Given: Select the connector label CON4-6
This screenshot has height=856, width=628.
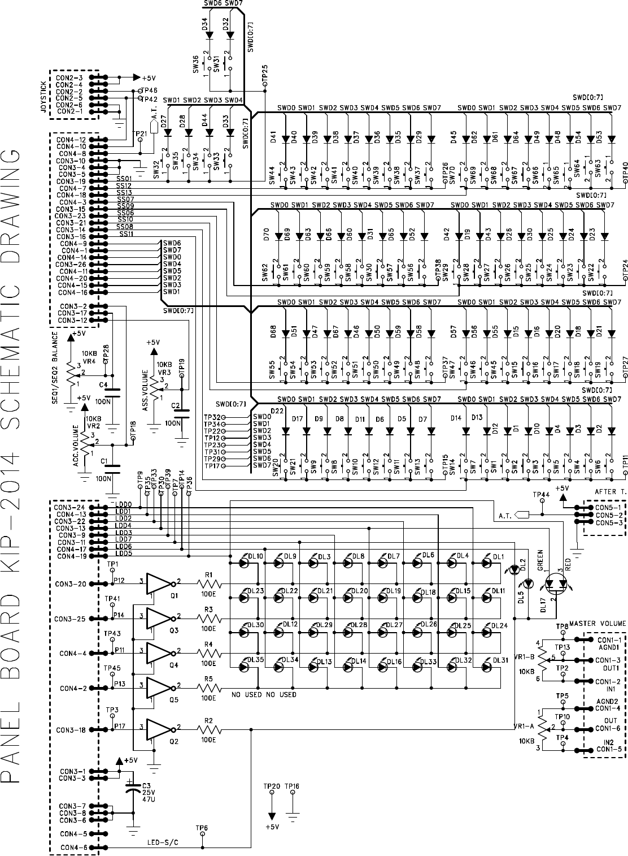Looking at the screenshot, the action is click(x=73, y=848).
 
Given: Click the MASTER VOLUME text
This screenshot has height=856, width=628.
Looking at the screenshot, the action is click(x=598, y=623).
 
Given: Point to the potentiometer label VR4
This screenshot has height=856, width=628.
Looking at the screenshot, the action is click(x=89, y=360).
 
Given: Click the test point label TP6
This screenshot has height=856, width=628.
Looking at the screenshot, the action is click(x=202, y=828).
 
